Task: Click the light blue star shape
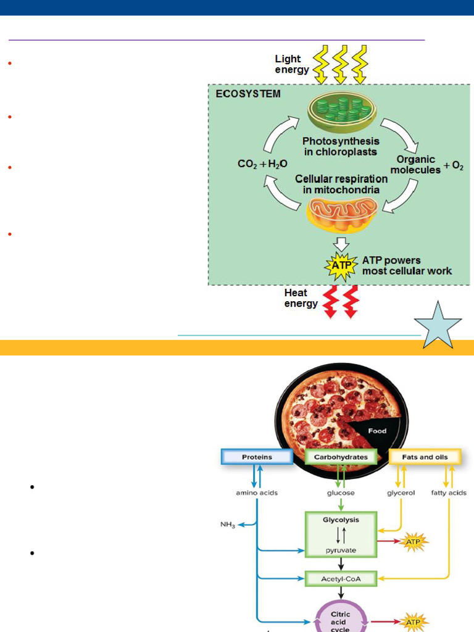[x=438, y=326]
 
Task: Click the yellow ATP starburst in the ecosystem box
[x=341, y=266]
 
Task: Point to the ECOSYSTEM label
[x=247, y=94]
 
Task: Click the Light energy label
[x=292, y=64]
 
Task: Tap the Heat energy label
[x=301, y=298]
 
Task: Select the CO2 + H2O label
[x=262, y=164]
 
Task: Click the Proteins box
[x=257, y=457]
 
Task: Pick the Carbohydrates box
[x=341, y=457]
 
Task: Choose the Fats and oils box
[x=426, y=457]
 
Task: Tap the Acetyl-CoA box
[x=341, y=579]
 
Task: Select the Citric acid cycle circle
[x=341, y=618]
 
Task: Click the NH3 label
[x=227, y=525]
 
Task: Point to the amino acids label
[x=257, y=493]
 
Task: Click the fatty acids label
[x=448, y=493]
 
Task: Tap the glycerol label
[x=401, y=493]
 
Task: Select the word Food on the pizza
[x=377, y=431]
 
